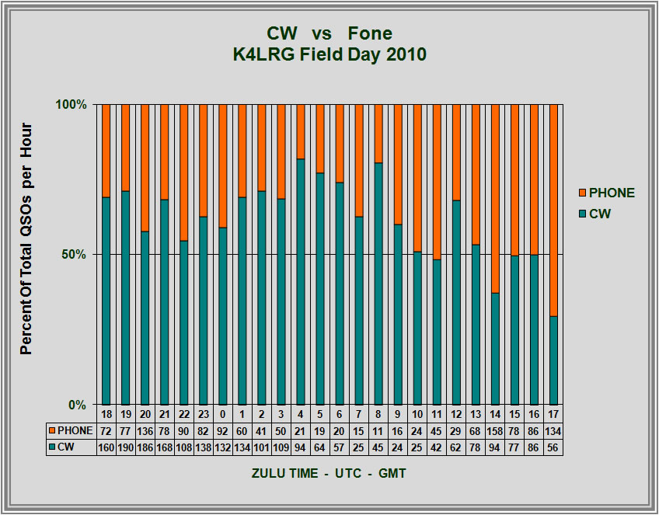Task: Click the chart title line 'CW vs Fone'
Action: pos(329,34)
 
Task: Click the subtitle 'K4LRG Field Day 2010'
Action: pos(329,55)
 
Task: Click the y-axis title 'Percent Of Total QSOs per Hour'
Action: pos(27,238)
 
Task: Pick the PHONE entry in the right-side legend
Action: pos(605,193)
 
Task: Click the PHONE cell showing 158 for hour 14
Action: pos(494,430)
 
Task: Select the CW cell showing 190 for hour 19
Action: pos(125,447)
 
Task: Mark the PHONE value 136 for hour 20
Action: pos(145,430)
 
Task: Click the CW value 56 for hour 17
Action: pos(553,447)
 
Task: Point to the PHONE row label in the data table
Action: pos(71,430)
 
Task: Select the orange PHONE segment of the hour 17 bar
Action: pos(553,210)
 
